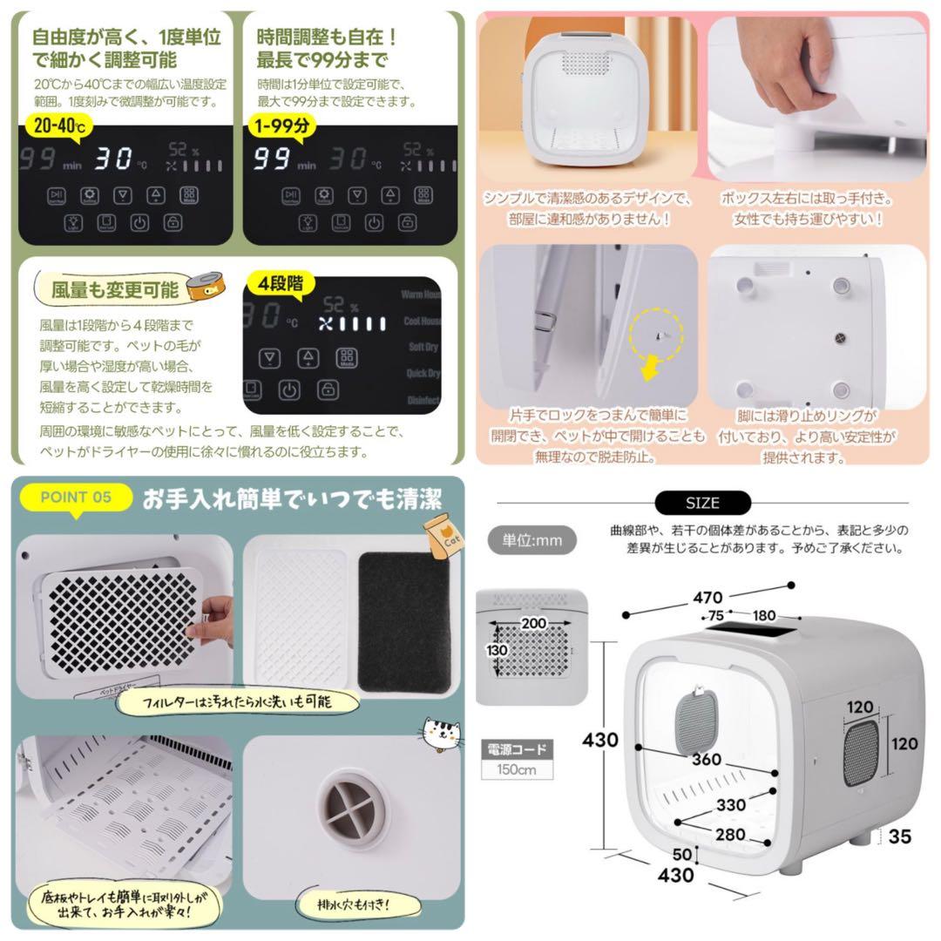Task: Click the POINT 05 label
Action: coord(77,498)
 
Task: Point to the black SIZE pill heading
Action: coord(702,504)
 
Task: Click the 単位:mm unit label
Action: coord(532,540)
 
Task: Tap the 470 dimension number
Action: coord(708,598)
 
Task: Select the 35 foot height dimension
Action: coord(900,836)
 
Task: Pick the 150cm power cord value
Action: coord(515,769)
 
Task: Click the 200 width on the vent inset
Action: coord(533,623)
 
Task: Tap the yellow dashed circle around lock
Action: coord(659,330)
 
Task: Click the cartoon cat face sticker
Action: coord(442,734)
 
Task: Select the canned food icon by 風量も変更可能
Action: coord(203,286)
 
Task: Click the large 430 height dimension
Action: coord(601,740)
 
